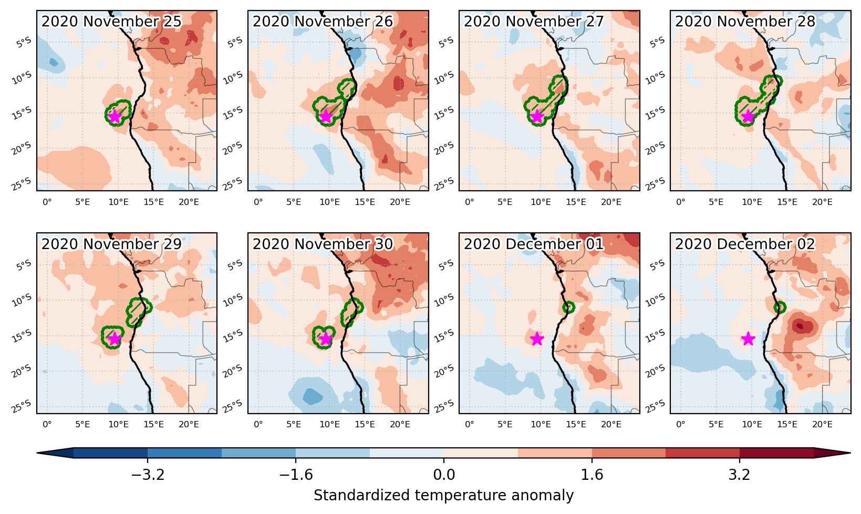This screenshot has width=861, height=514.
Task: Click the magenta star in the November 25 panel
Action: click(x=115, y=116)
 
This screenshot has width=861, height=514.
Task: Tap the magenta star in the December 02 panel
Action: click(x=748, y=338)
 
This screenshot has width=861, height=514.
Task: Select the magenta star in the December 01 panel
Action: click(x=537, y=338)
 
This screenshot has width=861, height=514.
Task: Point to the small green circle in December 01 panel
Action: click(x=568, y=307)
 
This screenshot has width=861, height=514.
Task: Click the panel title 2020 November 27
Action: click(x=534, y=21)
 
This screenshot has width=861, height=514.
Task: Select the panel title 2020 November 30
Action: click(x=323, y=244)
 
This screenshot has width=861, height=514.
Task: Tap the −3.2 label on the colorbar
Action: click(x=148, y=475)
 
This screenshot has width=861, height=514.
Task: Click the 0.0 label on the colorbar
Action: click(x=444, y=475)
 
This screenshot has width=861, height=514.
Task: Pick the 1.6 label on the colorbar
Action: click(x=592, y=475)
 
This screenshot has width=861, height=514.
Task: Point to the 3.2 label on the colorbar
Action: click(x=740, y=475)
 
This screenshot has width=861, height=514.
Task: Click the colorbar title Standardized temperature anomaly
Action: click(x=443, y=495)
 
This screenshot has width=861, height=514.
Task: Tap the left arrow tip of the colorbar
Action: click(x=37, y=453)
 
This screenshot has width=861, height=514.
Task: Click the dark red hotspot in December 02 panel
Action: click(x=800, y=326)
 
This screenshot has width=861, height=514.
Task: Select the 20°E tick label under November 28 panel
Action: click(x=822, y=202)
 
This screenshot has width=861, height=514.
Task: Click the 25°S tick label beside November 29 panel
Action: click(x=22, y=406)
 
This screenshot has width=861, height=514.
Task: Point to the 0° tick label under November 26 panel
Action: click(x=258, y=202)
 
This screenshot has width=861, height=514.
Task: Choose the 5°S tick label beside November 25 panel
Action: click(x=24, y=42)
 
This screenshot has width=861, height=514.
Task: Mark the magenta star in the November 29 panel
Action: click(x=115, y=338)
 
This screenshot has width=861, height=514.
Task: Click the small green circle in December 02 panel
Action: click(x=780, y=307)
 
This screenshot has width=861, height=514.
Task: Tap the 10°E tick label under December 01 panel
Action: click(x=541, y=425)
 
